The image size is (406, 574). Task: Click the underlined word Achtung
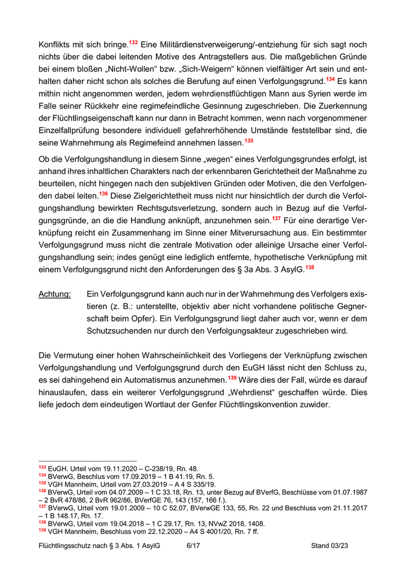tap(55, 295)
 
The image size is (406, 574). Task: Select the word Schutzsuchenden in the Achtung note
tap(121, 331)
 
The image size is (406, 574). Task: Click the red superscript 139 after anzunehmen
tap(232, 377)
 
